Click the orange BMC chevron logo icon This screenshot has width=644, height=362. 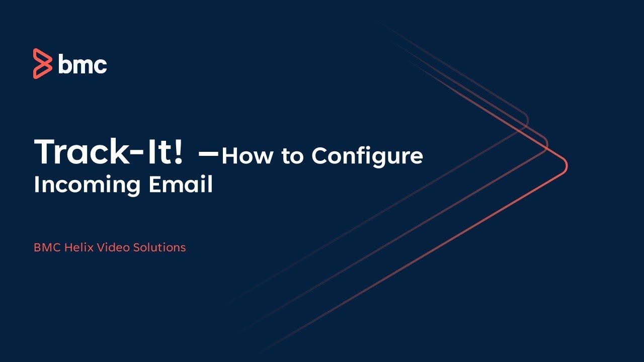coord(42,64)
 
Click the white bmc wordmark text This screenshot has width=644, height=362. coord(83,64)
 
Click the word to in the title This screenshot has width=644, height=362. coord(293,157)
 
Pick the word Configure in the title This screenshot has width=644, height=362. coord(367,157)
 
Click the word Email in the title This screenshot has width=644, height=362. coord(181,185)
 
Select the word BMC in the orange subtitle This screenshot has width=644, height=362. coord(47,247)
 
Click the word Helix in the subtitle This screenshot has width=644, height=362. coord(77,247)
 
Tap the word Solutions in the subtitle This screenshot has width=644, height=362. coord(159,247)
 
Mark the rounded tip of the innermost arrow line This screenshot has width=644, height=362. coord(527,121)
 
